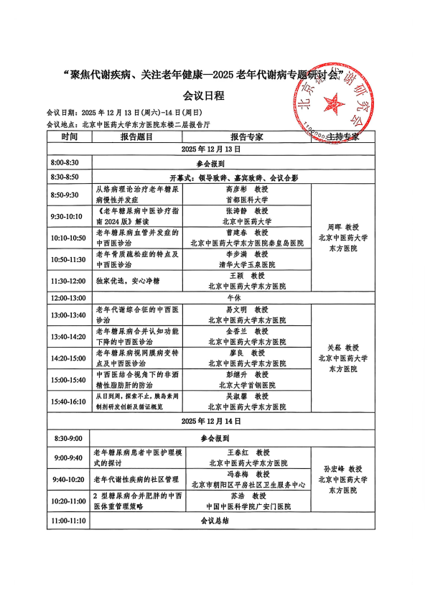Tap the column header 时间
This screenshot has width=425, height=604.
tap(70, 136)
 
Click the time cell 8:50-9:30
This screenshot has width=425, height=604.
tap(65, 195)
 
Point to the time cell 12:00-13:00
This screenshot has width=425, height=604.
tap(67, 297)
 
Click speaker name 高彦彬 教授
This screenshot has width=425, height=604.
tap(248, 190)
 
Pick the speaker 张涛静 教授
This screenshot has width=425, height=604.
tap(248, 211)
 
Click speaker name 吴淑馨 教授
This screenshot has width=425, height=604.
tap(248, 396)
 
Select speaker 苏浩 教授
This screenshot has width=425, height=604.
tap(248, 496)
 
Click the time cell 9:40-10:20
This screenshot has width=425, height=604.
tap(68, 479)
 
